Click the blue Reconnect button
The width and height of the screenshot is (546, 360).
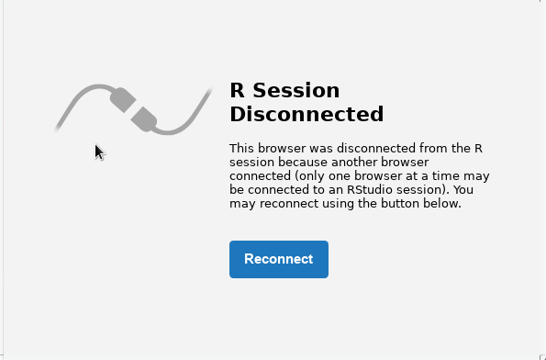coord(278,259)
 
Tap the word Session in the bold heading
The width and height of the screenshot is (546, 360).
coord(296,91)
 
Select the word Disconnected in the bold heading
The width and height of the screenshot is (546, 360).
coord(306,115)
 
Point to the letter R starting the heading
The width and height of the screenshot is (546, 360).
coord(237,91)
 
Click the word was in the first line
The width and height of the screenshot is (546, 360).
coord(323,148)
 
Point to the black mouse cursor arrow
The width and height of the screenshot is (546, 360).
coord(99,152)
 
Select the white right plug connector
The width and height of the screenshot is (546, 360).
coord(145,117)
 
